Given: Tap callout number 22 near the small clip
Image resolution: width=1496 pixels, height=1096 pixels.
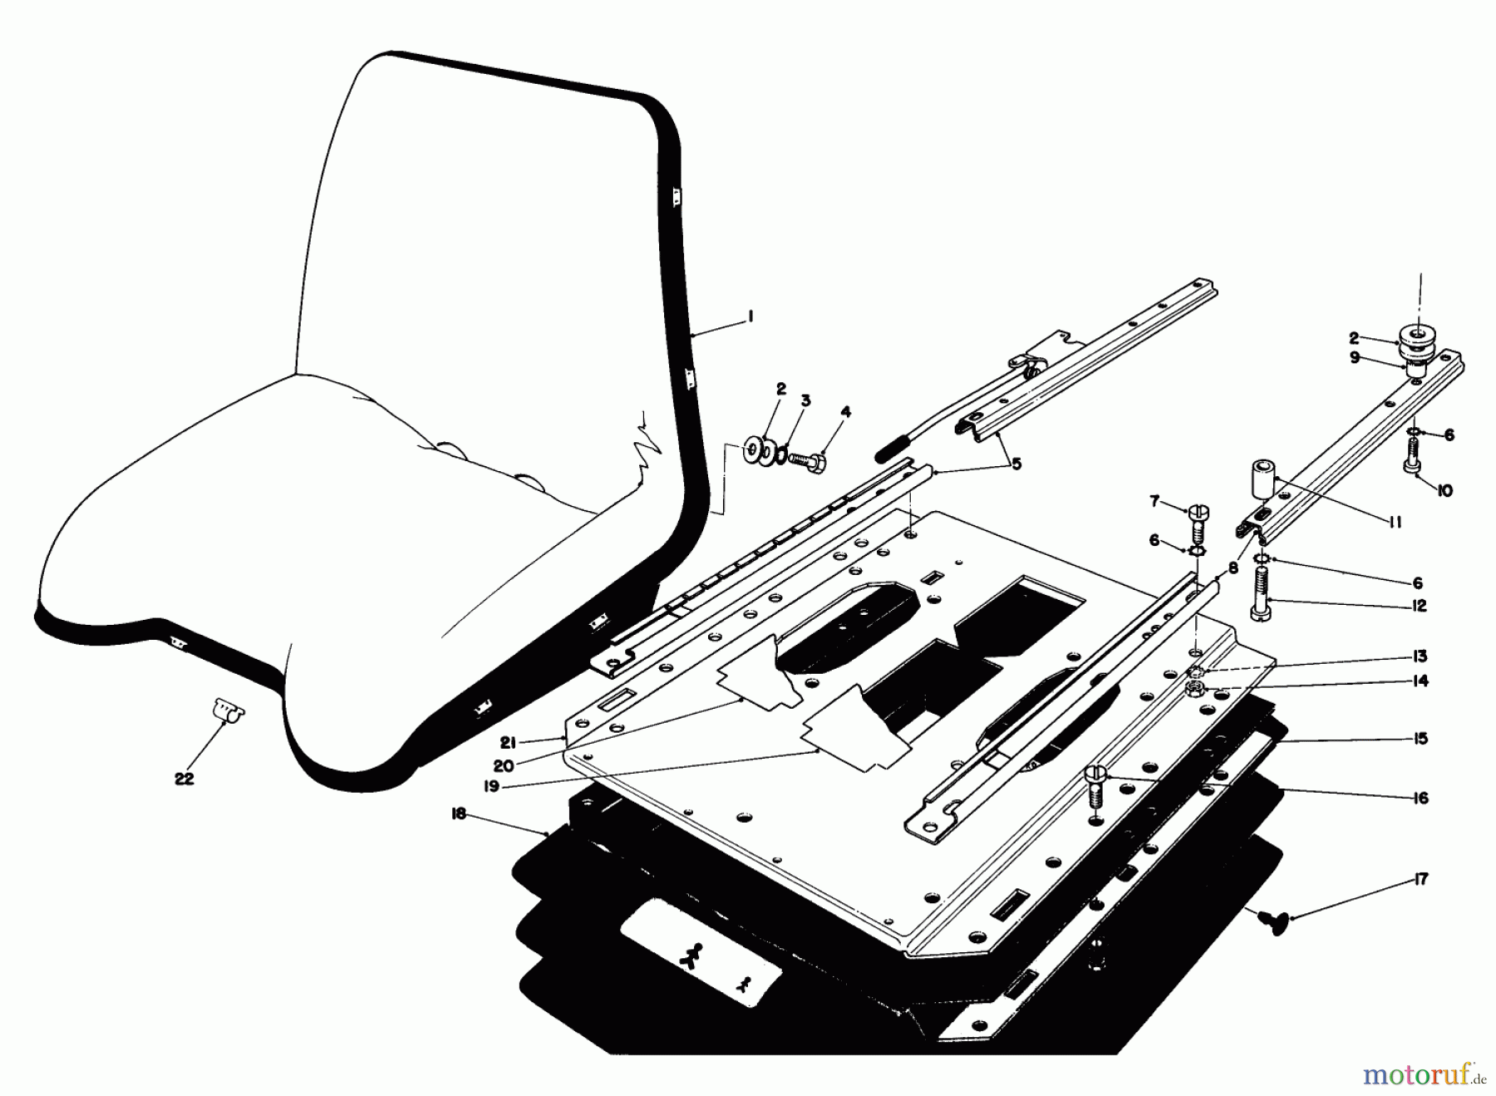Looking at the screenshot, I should coord(184,779).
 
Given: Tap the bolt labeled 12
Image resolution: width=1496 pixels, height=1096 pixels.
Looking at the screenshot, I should coord(1262,596).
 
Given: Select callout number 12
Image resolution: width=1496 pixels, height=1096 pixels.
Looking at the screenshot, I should coord(1419,606).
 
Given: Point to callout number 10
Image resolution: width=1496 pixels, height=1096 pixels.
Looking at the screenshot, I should coord(1444,491).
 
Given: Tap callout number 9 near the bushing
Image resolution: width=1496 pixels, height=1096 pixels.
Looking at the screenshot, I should coord(1355,357).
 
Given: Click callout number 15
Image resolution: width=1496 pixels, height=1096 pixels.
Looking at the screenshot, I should coord(1420,738).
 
